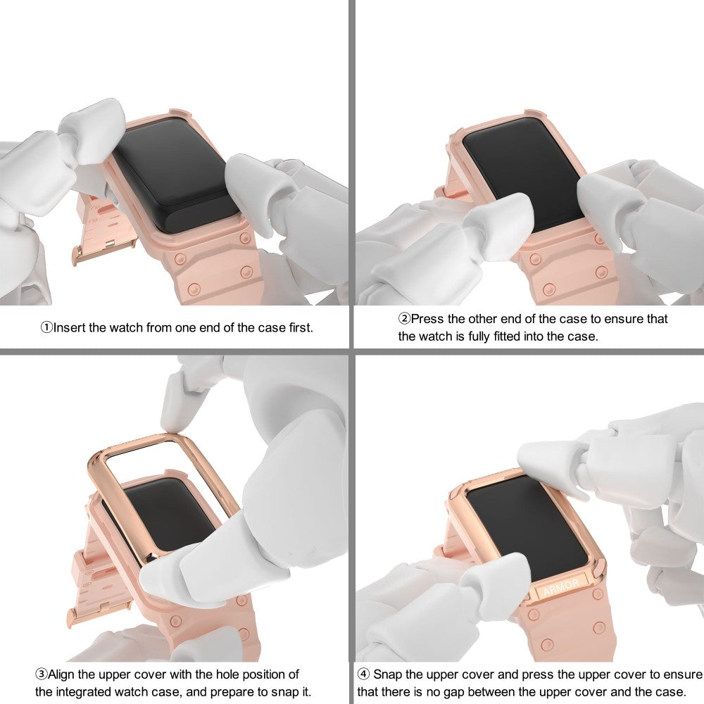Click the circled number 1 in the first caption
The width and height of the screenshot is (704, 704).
point(46,328)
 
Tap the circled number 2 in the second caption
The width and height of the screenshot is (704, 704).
point(405,319)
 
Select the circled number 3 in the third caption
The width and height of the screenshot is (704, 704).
point(42,674)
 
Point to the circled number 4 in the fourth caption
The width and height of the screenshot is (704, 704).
point(364,674)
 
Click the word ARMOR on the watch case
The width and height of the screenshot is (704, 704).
point(561,586)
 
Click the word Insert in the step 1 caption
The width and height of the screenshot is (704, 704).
point(70,328)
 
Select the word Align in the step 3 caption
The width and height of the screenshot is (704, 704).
point(61,674)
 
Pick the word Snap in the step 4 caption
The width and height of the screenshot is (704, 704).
point(387,674)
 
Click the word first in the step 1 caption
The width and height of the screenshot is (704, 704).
point(301,328)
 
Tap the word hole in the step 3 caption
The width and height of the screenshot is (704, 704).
point(226,674)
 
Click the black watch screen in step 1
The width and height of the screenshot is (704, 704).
point(175,180)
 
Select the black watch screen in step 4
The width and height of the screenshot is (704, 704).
point(527,527)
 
